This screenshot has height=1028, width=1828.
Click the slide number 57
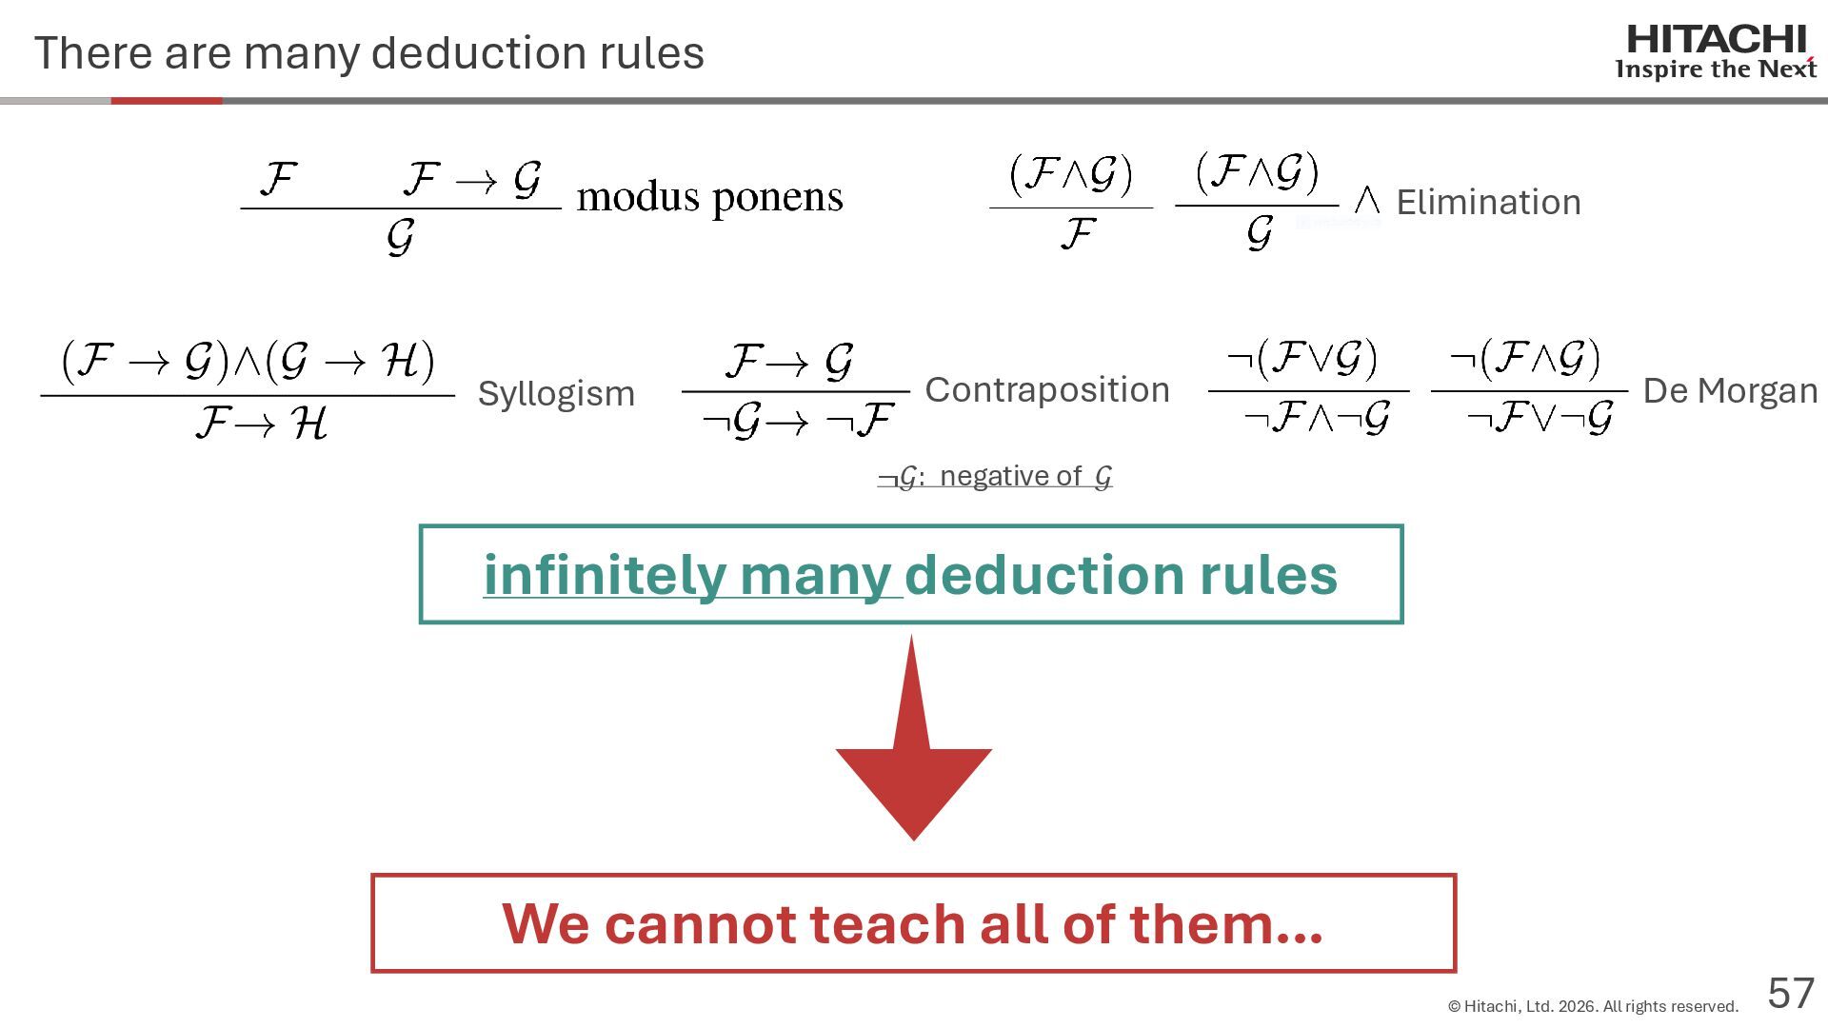pyautogui.click(x=1791, y=994)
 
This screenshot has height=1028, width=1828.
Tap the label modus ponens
pyautogui.click(x=709, y=197)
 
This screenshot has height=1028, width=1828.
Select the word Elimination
pyautogui.click(x=1488, y=202)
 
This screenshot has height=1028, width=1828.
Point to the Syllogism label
pyautogui.click(x=556, y=393)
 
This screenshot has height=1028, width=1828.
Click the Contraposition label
pyautogui.click(x=1046, y=389)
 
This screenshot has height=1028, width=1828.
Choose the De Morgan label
pyautogui.click(x=1730, y=390)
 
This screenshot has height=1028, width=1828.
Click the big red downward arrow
pyautogui.click(x=913, y=752)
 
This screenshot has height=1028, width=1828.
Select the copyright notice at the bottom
pyautogui.click(x=1593, y=1006)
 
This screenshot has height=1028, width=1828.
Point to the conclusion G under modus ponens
pyautogui.click(x=401, y=236)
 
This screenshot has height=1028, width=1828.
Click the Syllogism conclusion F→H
pyautogui.click(x=261, y=423)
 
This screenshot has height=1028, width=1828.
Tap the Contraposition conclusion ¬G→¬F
pyautogui.click(x=797, y=420)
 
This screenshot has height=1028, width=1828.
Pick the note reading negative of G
pyautogui.click(x=995, y=476)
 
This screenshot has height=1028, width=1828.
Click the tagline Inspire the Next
pyautogui.click(x=1716, y=69)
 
